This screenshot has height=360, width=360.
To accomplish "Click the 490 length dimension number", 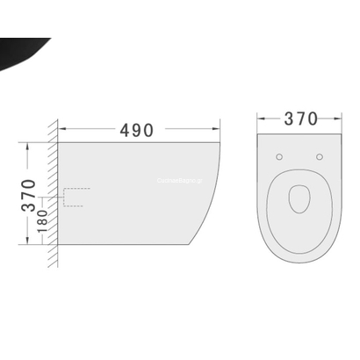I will (x=135, y=130).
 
